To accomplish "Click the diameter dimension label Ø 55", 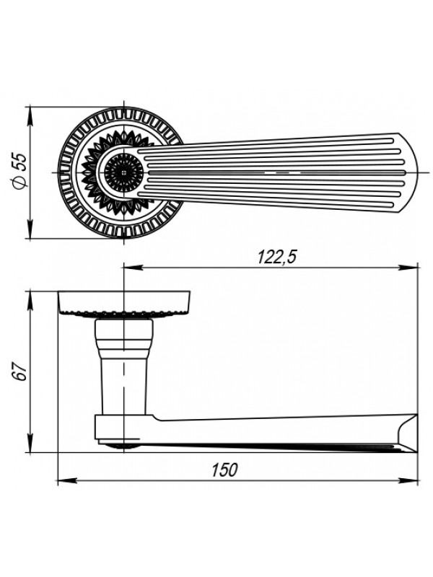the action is [x=20, y=172].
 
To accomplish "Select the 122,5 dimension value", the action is [x=276, y=257].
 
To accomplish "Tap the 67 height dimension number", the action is [x=20, y=372].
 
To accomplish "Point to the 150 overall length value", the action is [x=224, y=470].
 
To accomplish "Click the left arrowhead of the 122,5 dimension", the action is [x=133, y=268].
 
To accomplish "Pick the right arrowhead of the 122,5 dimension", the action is [x=409, y=268].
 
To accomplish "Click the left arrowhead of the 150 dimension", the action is [x=67, y=480].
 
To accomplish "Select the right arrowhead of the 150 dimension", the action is [x=409, y=480].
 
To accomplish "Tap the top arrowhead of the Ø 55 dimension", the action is [x=30, y=116].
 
